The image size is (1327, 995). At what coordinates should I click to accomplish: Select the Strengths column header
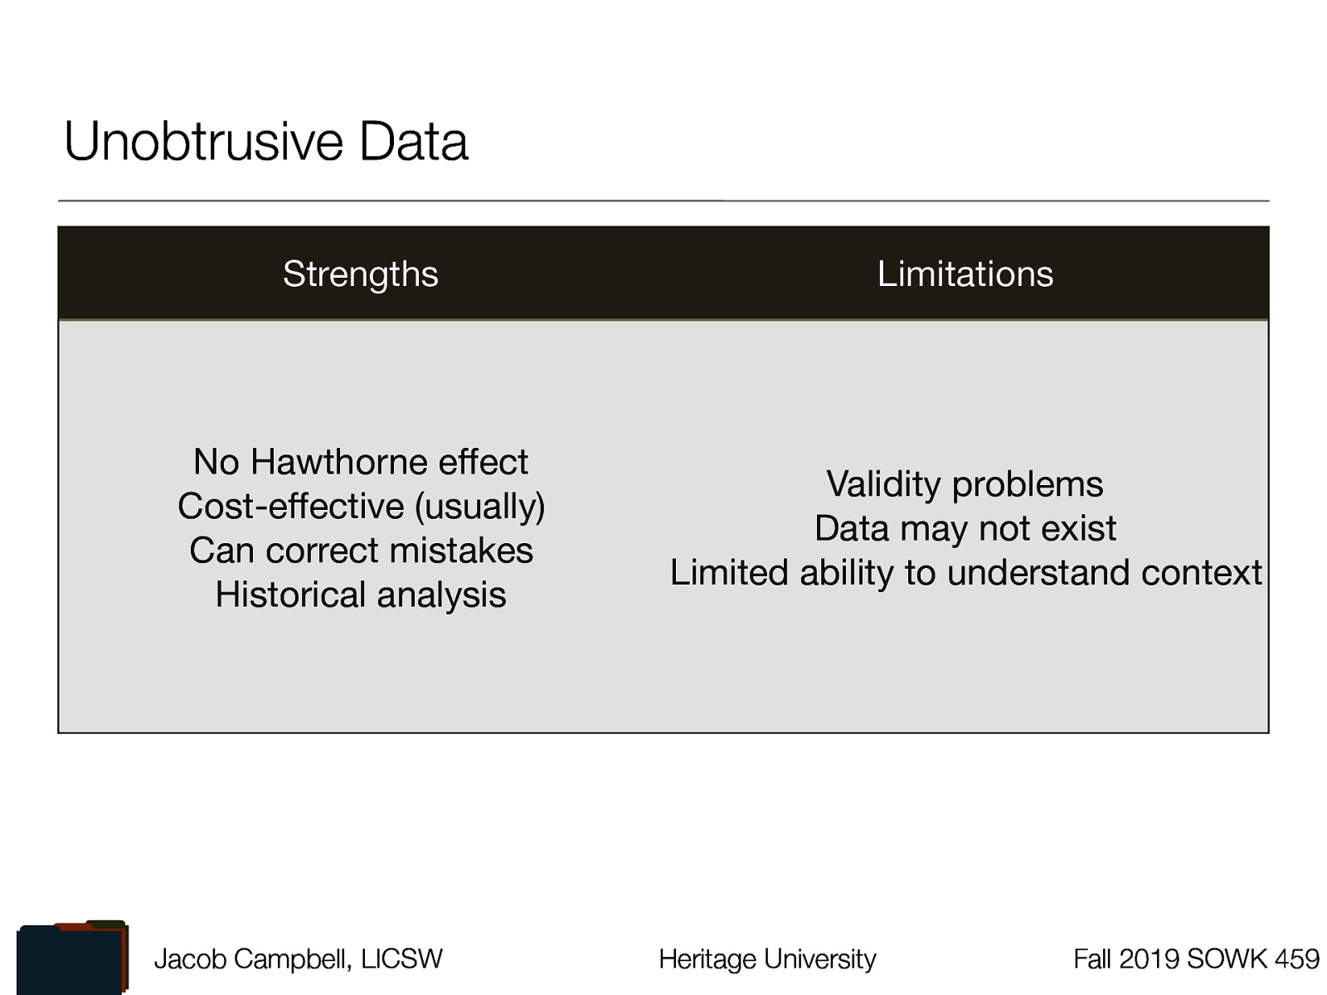pyautogui.click(x=360, y=274)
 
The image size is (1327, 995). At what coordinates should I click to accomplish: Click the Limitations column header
pyautogui.click(x=965, y=274)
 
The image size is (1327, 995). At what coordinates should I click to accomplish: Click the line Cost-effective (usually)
pyautogui.click(x=361, y=507)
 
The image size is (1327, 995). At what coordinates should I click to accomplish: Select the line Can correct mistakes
pyautogui.click(x=361, y=551)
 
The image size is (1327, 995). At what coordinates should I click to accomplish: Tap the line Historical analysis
pyautogui.click(x=361, y=595)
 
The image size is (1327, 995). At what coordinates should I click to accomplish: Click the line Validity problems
pyautogui.click(x=965, y=484)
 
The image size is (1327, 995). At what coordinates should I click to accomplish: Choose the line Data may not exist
pyautogui.click(x=965, y=528)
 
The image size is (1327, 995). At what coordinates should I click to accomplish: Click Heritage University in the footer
pyautogui.click(x=767, y=959)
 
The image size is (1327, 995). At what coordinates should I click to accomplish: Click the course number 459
pyautogui.click(x=1297, y=959)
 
